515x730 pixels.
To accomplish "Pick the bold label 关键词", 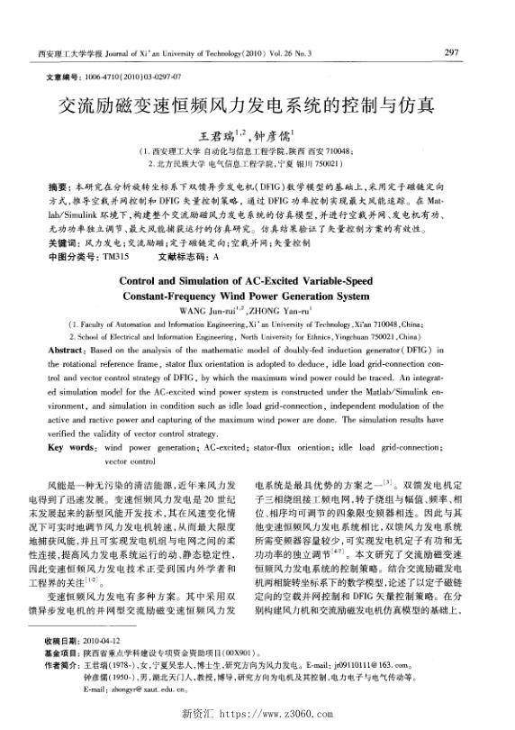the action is [60, 244].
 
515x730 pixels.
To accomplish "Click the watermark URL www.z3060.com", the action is [278, 715].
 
